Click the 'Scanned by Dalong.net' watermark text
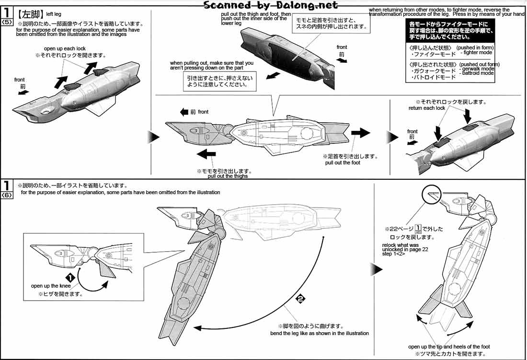[271, 5]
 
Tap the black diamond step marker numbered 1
[69, 278]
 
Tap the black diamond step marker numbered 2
[300, 299]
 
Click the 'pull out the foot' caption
[343, 163]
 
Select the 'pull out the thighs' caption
[228, 176]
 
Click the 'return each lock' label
[426, 108]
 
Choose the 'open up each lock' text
[65, 49]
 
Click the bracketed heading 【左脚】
[28, 14]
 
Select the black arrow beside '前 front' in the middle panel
[184, 112]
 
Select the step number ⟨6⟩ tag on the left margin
[6, 195]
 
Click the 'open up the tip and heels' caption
[449, 347]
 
